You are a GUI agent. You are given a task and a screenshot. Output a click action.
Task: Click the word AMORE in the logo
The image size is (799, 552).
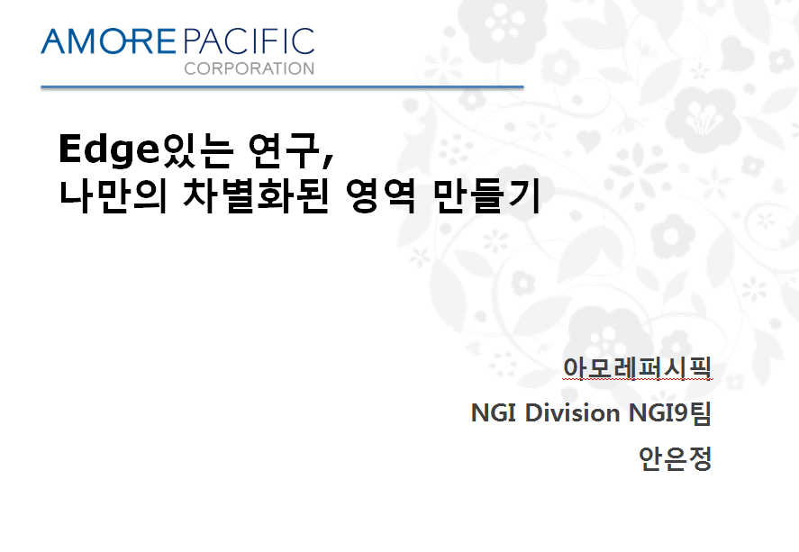pos(108,41)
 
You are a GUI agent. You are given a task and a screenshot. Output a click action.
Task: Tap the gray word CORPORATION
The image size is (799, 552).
pos(250,68)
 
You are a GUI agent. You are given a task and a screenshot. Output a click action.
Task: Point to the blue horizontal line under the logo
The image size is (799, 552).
pos(282,87)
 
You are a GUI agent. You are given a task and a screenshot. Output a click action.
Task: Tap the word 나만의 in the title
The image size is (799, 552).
pos(113,196)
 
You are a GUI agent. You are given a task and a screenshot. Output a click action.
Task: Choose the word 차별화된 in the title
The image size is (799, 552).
pos(255,196)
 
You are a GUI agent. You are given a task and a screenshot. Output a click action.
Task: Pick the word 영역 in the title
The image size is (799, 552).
pos(380,196)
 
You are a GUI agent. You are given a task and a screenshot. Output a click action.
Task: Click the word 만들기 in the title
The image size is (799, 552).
pos(486,196)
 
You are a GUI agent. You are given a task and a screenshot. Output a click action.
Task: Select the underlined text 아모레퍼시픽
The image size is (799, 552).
pos(637,367)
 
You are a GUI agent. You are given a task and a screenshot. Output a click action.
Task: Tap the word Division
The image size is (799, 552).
pos(572,412)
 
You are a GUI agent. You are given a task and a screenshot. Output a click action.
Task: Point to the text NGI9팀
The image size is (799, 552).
pos(669,412)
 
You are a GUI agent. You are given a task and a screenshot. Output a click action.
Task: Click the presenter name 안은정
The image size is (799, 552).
pos(675,458)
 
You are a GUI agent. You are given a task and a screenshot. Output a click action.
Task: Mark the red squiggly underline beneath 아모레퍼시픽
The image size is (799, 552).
pos(637,379)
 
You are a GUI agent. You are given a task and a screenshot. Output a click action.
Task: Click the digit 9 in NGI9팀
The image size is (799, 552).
pos(681,413)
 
